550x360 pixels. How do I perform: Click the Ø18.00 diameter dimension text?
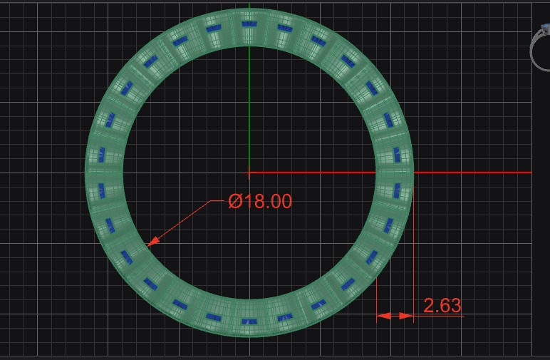260,202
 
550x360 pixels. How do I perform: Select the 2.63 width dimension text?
442,306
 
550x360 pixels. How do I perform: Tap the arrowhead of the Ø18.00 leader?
150,244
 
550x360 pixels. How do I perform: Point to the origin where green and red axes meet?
249,172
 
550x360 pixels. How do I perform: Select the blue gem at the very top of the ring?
249,24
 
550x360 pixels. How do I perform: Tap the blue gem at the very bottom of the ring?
249,322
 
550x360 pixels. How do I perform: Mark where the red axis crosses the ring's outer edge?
413,172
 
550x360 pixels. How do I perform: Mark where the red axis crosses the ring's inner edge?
376,172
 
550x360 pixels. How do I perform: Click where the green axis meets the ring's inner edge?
249,46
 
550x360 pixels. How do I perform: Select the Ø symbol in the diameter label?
236,202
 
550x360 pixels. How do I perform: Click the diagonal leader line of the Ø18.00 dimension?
182,222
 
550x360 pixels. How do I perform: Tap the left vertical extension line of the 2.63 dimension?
377,299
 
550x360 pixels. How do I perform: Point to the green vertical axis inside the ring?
249,107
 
